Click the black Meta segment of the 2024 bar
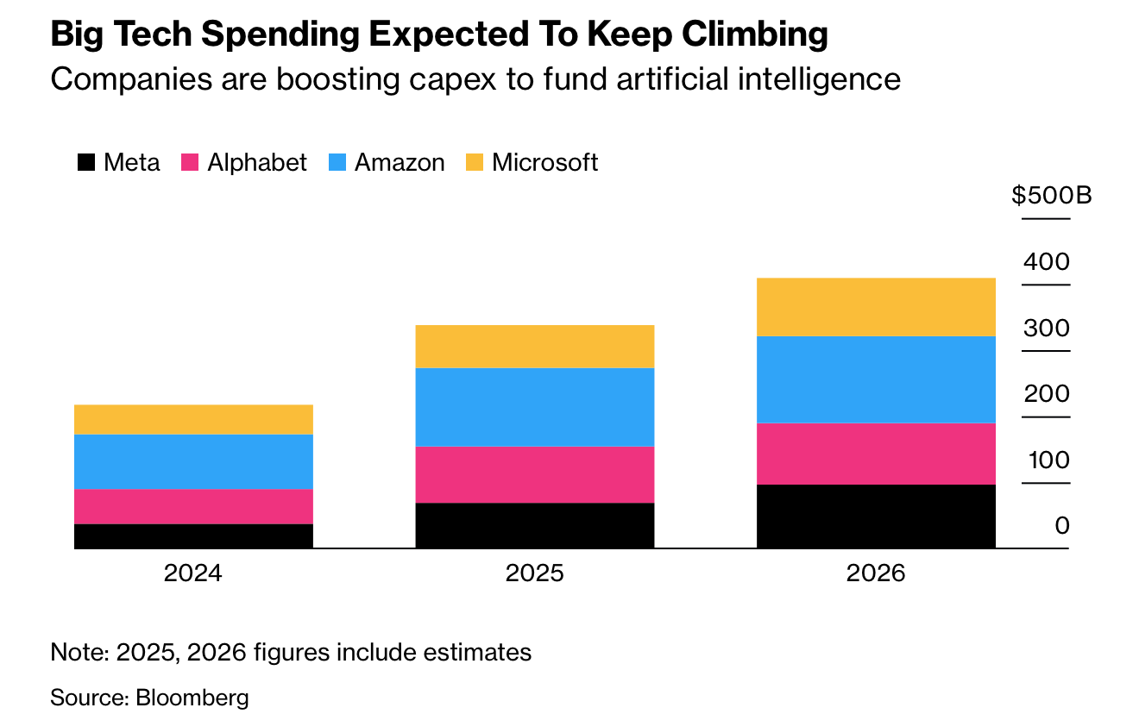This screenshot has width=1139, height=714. (x=193, y=535)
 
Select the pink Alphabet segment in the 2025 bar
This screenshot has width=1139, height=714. (x=535, y=474)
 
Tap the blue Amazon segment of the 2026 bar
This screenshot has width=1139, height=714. (x=876, y=379)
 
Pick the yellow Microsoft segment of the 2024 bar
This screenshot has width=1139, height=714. (x=193, y=419)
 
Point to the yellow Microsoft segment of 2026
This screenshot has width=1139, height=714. (x=876, y=307)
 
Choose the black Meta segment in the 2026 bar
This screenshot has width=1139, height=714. (x=876, y=516)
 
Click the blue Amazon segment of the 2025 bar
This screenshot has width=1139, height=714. (x=535, y=407)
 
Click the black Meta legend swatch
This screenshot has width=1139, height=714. (x=86, y=163)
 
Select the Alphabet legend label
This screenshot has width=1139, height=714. (x=257, y=162)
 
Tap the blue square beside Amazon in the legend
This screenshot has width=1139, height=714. (x=337, y=163)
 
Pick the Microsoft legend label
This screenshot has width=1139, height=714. (x=545, y=162)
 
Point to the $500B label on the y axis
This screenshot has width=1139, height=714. (x=1052, y=196)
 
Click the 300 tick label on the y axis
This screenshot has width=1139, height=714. (x=1047, y=329)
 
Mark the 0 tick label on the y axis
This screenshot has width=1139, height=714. (x=1062, y=526)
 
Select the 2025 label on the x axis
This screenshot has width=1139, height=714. (x=535, y=573)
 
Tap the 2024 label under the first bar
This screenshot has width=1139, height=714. (x=193, y=573)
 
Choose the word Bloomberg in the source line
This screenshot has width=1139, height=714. (x=192, y=697)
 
